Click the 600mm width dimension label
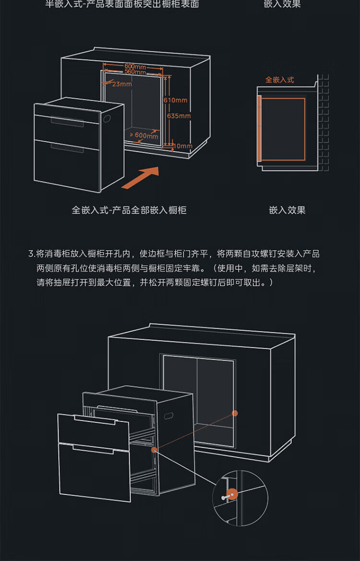[x=135, y=66]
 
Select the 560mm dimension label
[x=135, y=72]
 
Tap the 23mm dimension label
[x=122, y=84]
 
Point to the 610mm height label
[x=175, y=100]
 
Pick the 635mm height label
[x=179, y=116]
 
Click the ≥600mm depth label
[x=144, y=135]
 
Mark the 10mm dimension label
[x=183, y=146]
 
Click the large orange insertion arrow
[x=140, y=178]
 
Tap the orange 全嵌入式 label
[x=280, y=80]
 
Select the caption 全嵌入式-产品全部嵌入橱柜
[x=129, y=210]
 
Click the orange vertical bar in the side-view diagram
[x=259, y=128]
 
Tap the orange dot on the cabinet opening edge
[x=235, y=413]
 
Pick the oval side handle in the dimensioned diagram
[x=106, y=118]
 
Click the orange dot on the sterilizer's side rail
[x=154, y=450]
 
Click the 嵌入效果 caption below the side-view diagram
[x=287, y=210]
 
